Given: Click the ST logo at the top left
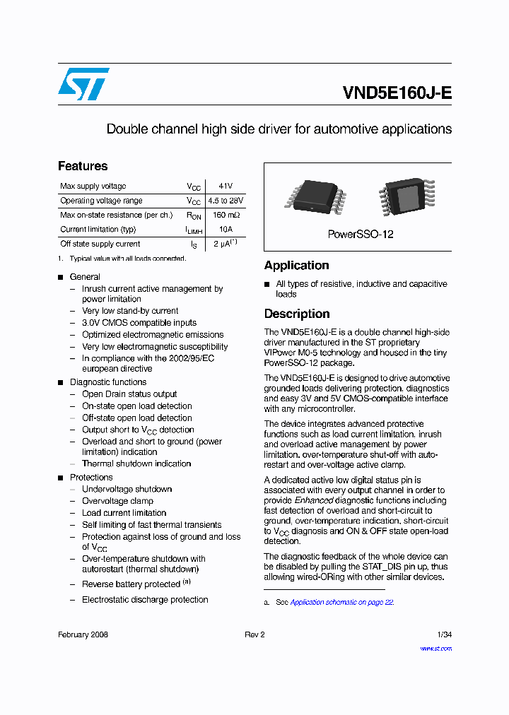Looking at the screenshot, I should click(83, 84).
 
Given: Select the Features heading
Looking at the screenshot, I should click(83, 166).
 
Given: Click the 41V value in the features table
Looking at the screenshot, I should click(226, 186).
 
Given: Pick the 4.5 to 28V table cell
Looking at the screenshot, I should click(226, 201).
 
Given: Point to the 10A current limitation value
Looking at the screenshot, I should click(226, 229).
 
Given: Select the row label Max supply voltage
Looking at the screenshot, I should click(93, 186).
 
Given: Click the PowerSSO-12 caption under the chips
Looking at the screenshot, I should click(361, 234).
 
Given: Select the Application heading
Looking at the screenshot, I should click(296, 266).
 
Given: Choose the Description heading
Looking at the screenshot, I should click(297, 314).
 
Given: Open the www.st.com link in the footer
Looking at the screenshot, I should click(435, 648).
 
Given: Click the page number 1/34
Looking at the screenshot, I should click(444, 634).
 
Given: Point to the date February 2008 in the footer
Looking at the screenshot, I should click(83, 634).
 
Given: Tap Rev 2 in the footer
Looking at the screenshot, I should click(255, 634).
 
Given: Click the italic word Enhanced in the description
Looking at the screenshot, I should click(313, 500).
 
